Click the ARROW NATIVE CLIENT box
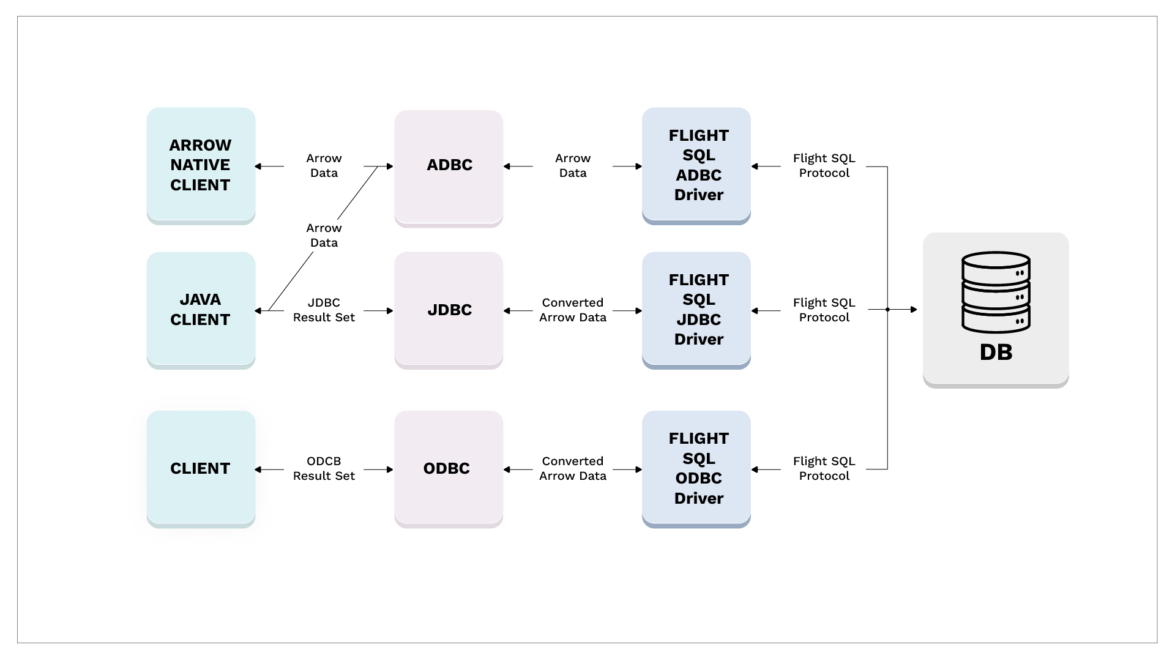point(201,165)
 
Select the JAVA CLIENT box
point(201,310)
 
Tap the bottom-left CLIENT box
point(201,468)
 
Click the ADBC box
point(449,165)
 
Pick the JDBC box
point(449,310)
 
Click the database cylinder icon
point(996,292)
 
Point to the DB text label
point(996,353)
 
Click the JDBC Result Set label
point(324,310)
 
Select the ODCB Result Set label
point(324,469)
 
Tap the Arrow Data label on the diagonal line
point(324,236)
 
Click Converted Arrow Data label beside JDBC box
point(573,310)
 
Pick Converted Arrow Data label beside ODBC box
point(573,469)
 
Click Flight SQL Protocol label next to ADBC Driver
point(824,166)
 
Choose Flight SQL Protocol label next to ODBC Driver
point(824,469)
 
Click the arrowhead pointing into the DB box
point(914,310)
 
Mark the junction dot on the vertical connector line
point(887,310)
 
